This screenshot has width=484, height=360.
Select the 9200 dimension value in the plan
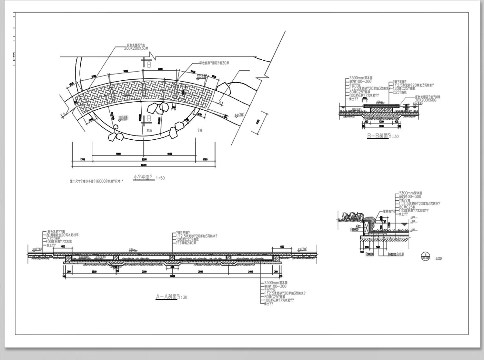[x=144, y=159]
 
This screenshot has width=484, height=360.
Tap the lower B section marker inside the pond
[x=149, y=118]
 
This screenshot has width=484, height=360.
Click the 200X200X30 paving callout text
[x=136, y=48]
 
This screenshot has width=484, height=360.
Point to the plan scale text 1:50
[x=160, y=178]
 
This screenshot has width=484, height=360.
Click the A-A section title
[x=166, y=296]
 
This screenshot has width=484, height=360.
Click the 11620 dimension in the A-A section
[x=172, y=276]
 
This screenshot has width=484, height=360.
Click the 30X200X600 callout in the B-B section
[x=426, y=100]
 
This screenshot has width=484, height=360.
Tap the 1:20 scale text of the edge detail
[x=439, y=258]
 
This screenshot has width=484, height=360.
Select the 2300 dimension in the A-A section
[x=94, y=272]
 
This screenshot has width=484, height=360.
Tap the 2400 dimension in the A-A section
[x=251, y=272]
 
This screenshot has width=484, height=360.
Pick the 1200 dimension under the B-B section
[x=381, y=122]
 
